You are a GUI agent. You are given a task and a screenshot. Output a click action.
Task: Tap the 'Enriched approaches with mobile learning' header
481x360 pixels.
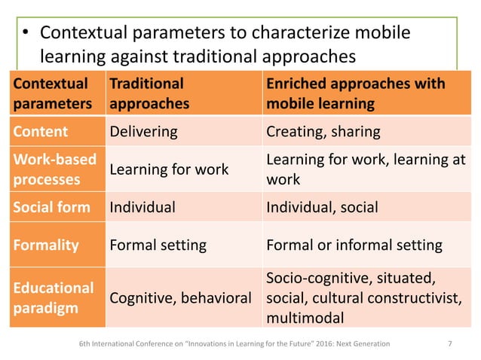(354, 93)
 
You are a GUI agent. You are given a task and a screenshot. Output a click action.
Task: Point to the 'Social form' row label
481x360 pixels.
(50, 207)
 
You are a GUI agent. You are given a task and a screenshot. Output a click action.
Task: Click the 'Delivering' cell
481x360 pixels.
(144, 132)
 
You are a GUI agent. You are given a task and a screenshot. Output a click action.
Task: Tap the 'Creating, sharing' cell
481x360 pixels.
(323, 132)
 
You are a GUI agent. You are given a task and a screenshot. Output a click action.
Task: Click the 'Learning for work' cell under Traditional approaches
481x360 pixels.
(169, 170)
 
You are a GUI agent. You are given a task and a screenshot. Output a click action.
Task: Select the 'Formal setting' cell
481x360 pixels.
(158, 245)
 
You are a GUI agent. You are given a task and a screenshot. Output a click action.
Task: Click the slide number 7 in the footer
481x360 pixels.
(450, 344)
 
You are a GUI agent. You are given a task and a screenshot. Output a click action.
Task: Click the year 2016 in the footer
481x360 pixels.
(328, 344)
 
